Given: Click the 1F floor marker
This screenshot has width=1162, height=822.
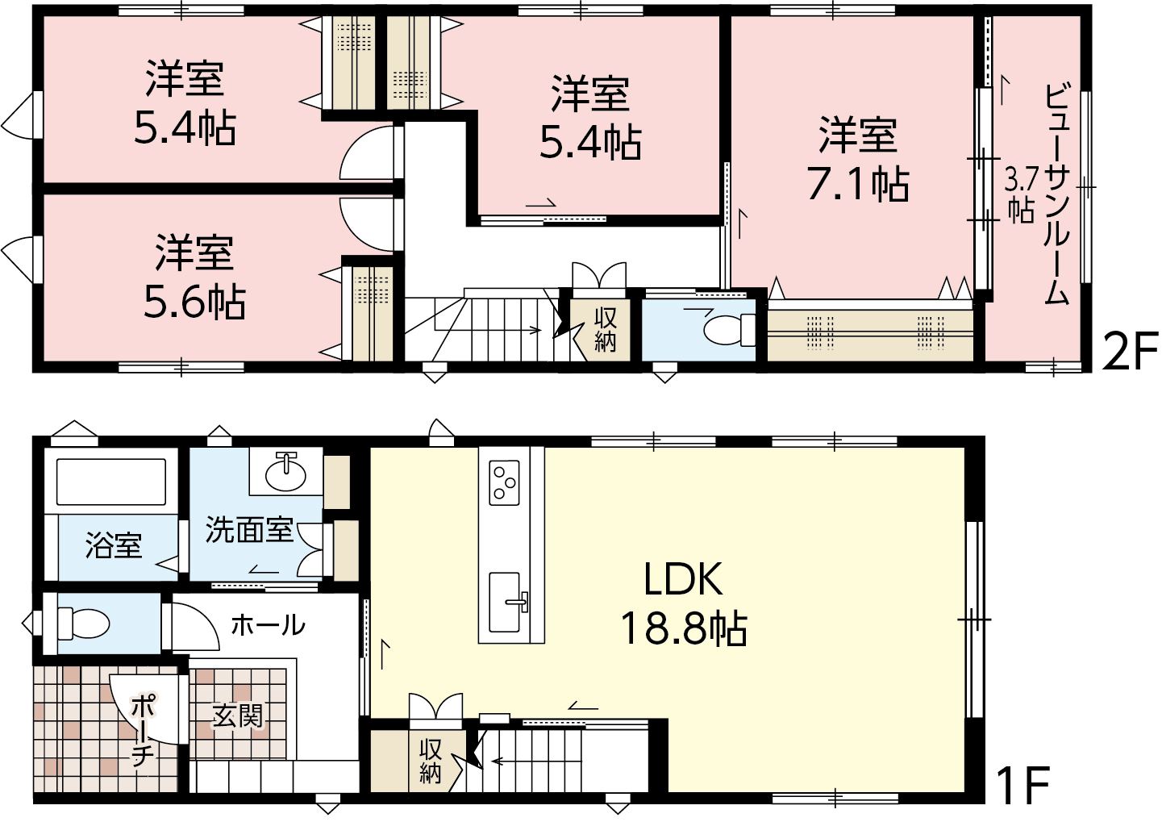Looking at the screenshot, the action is tap(1018, 785).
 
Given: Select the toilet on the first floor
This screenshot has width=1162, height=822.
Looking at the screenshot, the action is tap(82, 624).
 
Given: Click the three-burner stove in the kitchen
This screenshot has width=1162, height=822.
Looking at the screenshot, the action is tap(504, 482).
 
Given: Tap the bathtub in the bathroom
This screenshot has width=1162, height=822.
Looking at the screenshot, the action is tap(111, 481).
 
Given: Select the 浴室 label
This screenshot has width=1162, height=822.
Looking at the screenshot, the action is tap(114, 545).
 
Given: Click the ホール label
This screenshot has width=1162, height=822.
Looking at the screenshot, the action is tap(268, 625).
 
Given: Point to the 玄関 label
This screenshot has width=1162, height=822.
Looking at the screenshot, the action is tap(238, 716).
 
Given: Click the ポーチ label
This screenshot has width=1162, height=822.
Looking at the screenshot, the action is tap(140, 732).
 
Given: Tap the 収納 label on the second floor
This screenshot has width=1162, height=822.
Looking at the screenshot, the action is tap(605, 329).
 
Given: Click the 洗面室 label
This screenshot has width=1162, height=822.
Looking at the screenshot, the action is tap(249, 529).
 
